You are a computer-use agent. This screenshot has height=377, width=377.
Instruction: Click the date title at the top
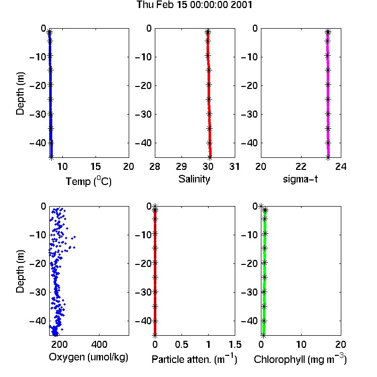coord(194,5)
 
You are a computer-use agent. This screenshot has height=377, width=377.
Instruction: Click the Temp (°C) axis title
coord(88,181)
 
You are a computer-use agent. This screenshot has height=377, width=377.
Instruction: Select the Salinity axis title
coord(194,179)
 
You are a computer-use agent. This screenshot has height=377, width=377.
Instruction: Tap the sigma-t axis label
coord(300,179)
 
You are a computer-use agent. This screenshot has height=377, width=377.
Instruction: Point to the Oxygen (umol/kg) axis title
coord(88,357)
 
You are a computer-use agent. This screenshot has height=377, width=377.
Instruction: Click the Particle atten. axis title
coord(195,359)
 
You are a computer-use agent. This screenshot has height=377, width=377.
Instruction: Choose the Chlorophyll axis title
coord(300,359)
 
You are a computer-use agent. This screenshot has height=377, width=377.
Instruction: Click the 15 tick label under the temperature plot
coord(96,166)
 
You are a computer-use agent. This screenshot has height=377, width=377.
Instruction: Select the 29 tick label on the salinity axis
coord(181,166)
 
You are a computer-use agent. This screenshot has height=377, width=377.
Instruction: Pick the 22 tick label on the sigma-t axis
coord(301,166)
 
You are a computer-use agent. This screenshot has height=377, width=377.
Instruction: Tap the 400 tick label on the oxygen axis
coord(99,344)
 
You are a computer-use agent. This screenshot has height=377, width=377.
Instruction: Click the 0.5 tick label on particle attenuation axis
coord(181,344)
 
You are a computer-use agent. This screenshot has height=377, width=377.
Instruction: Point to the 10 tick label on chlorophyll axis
coord(301,344)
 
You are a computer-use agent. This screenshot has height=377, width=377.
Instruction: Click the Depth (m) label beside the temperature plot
coord(20,93)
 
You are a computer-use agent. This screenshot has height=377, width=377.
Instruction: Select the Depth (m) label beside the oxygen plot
coord(20,271)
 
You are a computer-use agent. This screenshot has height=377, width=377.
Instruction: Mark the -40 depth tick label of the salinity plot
coord(144,143)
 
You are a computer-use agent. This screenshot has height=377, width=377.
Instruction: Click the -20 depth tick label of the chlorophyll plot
coord(250,263)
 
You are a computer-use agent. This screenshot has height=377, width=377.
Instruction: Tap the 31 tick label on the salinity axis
coord(234,166)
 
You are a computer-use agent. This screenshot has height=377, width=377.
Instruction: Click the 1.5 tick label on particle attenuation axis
coord(235,344)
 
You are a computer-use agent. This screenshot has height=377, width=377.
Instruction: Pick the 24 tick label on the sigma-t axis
coord(341,166)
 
